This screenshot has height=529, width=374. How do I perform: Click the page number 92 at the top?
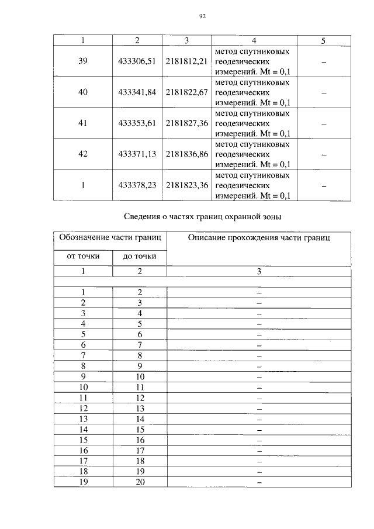point(202,16)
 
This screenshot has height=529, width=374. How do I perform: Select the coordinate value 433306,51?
point(137,61)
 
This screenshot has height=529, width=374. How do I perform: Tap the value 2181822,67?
point(187,92)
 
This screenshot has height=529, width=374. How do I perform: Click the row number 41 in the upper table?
point(82,123)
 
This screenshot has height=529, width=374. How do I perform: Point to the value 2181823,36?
point(187,185)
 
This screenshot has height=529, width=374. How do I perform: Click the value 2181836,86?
point(187,154)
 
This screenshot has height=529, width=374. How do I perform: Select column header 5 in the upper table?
point(323,40)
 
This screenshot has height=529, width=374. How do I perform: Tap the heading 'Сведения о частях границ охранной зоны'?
point(203,217)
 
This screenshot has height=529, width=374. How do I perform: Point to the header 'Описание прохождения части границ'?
point(259,238)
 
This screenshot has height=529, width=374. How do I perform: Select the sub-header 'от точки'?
point(82,256)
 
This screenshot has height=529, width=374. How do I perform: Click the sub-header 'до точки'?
point(140,257)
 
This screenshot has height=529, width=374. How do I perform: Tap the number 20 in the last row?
point(140,482)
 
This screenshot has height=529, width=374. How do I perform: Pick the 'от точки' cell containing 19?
point(84,482)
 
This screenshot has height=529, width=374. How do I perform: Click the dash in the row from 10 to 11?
point(259,388)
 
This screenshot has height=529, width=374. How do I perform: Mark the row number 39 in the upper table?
point(82,61)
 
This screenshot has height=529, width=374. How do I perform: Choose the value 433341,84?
point(137,92)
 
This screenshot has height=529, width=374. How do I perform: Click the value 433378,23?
point(137,185)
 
